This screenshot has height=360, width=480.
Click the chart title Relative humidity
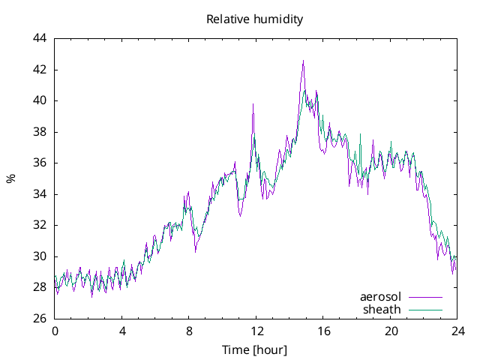coord(254,19)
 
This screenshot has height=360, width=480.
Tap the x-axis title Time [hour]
coord(254,350)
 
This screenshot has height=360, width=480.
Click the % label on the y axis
coord(11,178)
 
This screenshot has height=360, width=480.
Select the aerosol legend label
coord(380,296)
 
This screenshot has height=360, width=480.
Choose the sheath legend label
coord(382,309)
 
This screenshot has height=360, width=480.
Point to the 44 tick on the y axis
coord(40,38)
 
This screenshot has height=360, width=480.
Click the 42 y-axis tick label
coord(40,70)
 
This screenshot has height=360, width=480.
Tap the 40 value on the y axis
coord(40,100)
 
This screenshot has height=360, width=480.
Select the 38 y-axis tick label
coord(40,132)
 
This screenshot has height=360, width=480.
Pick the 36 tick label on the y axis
coord(40,163)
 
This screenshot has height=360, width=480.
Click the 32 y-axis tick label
coord(40,225)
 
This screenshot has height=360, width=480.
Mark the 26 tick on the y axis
coord(40,319)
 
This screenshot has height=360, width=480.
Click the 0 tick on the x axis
coord(55,331)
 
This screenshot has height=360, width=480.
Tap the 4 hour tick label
coord(122,331)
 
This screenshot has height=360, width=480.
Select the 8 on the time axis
coord(189,331)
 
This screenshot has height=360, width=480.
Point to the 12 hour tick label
coord(256,331)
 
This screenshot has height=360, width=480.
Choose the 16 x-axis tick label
coord(323,331)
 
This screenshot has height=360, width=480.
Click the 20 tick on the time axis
coord(391,331)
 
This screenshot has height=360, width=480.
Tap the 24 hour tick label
coord(457,331)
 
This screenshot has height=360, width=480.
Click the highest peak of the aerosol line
coord(303,61)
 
